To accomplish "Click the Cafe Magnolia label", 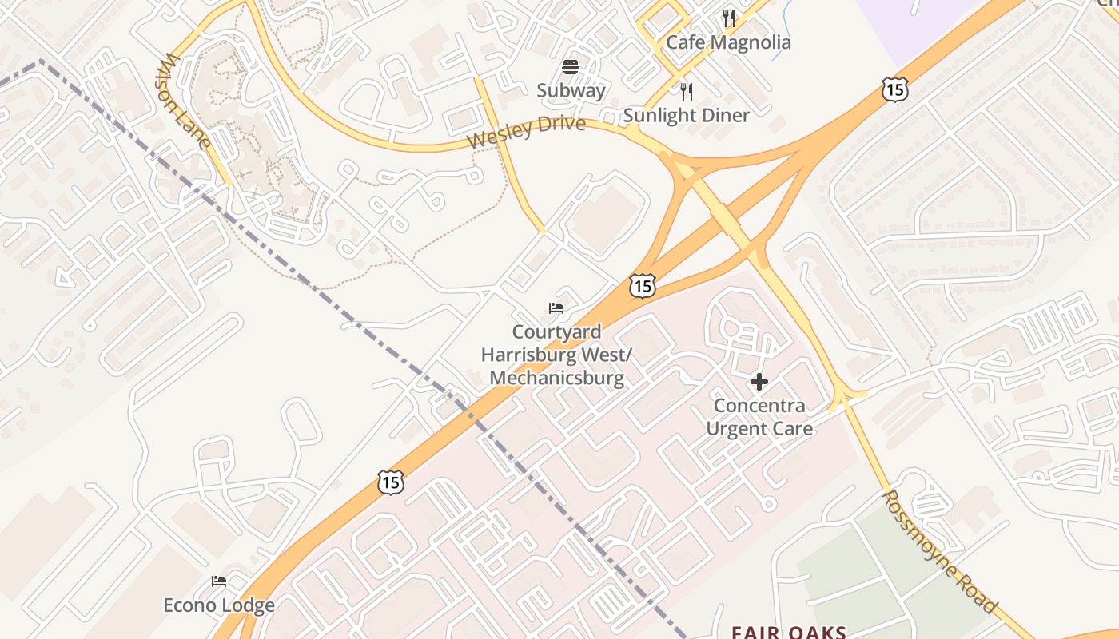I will pyautogui.click(x=728, y=42).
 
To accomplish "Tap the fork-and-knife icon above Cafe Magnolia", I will pyautogui.click(x=728, y=18).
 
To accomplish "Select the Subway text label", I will pyautogui.click(x=571, y=90).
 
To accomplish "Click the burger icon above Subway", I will pyautogui.click(x=571, y=66).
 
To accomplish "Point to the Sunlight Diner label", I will pyautogui.click(x=686, y=115).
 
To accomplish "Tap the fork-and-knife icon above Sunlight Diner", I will pyautogui.click(x=686, y=91).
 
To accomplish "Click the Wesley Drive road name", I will pyautogui.click(x=526, y=132).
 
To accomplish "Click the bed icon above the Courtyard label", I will pyautogui.click(x=556, y=308).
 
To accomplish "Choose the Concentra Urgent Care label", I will pyautogui.click(x=759, y=417).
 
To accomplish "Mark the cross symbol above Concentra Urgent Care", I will pyautogui.click(x=759, y=382).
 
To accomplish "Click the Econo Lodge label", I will pyautogui.click(x=219, y=605).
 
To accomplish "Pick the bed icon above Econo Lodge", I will pyautogui.click(x=219, y=581).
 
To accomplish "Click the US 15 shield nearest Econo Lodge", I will pyautogui.click(x=390, y=482).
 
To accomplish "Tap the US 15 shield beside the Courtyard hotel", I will pyautogui.click(x=642, y=285).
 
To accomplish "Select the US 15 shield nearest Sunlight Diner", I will pyautogui.click(x=895, y=89).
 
